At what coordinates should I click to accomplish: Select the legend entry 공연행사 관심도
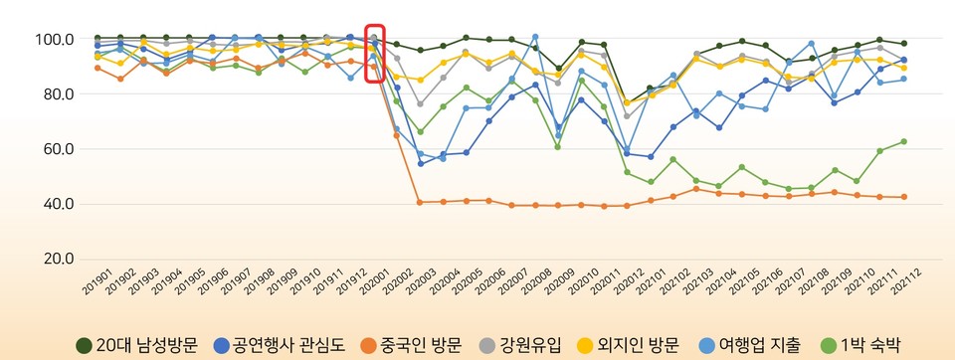coord(278,345)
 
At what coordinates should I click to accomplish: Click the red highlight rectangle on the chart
coord(375,54)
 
